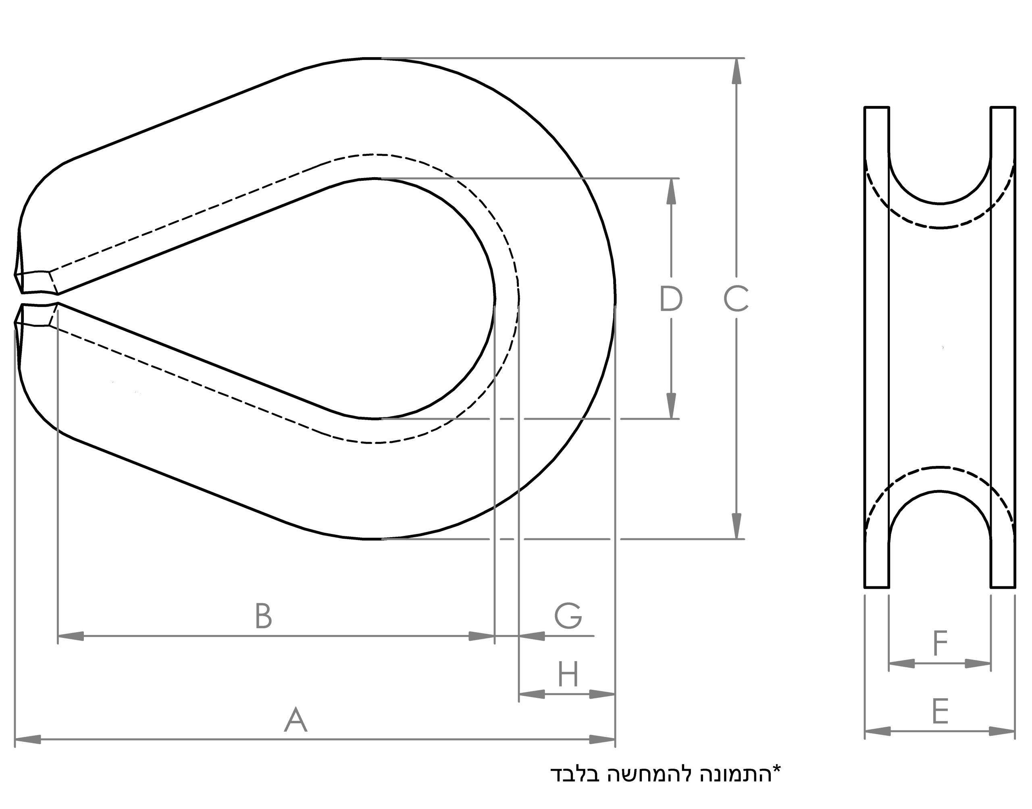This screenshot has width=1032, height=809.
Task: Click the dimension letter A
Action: coord(296,720)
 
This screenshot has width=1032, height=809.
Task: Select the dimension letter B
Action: coord(264,616)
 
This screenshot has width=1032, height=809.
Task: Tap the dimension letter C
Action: coord(736,299)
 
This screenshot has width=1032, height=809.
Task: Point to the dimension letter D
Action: coord(671,299)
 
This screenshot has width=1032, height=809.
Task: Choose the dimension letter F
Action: coord(940,643)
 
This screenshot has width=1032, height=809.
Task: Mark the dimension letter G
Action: coord(568,616)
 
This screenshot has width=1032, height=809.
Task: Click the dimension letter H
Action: coord(568,674)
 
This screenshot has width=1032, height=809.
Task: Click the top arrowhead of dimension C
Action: coord(736,71)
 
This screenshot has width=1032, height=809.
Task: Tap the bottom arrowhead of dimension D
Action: coord(671,406)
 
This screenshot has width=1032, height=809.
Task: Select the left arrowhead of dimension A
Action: coord(27,739)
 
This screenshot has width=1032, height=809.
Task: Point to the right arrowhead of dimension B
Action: coord(482,636)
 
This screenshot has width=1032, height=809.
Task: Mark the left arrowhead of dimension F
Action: coord(901,664)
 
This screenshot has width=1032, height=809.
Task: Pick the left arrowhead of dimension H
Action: coord(531,694)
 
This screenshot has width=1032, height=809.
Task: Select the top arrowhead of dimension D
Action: coord(671,191)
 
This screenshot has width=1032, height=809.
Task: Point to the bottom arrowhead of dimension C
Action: coord(736,526)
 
